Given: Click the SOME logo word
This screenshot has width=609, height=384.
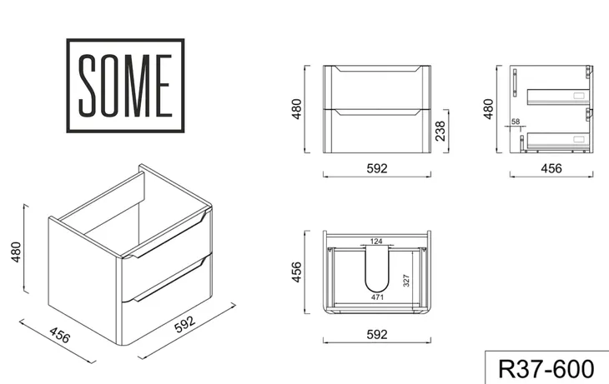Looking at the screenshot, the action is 125,85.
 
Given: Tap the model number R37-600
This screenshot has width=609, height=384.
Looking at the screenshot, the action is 546,369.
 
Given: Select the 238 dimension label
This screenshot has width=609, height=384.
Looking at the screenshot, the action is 440,131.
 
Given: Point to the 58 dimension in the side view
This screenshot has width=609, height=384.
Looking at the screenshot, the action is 516,122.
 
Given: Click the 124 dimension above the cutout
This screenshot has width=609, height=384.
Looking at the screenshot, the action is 376,242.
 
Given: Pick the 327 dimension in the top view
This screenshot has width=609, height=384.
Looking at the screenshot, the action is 406,281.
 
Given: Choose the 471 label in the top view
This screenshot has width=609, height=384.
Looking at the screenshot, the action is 377,297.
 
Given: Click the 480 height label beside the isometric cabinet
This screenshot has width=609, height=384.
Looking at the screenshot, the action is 16,252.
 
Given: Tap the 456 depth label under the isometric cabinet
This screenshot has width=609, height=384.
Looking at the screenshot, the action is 60,335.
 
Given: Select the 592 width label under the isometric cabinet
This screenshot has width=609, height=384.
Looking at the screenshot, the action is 184,324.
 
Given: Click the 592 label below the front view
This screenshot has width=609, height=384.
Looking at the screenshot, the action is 377,168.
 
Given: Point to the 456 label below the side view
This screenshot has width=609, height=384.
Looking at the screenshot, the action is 551,168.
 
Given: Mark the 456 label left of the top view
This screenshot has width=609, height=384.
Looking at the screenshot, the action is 296,272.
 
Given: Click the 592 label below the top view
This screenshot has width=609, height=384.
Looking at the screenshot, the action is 377,334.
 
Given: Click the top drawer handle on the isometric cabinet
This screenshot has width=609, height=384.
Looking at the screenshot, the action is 169,237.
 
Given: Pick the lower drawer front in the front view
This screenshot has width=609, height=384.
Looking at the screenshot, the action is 377,131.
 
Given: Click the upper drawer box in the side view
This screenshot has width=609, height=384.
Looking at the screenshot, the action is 558,97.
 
